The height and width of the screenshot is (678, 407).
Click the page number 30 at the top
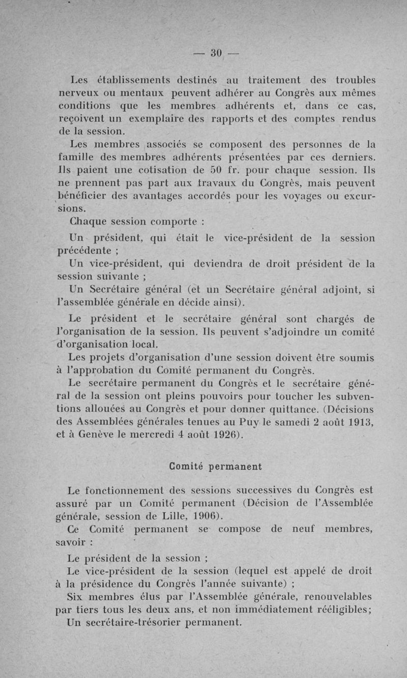(x=217, y=53)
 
